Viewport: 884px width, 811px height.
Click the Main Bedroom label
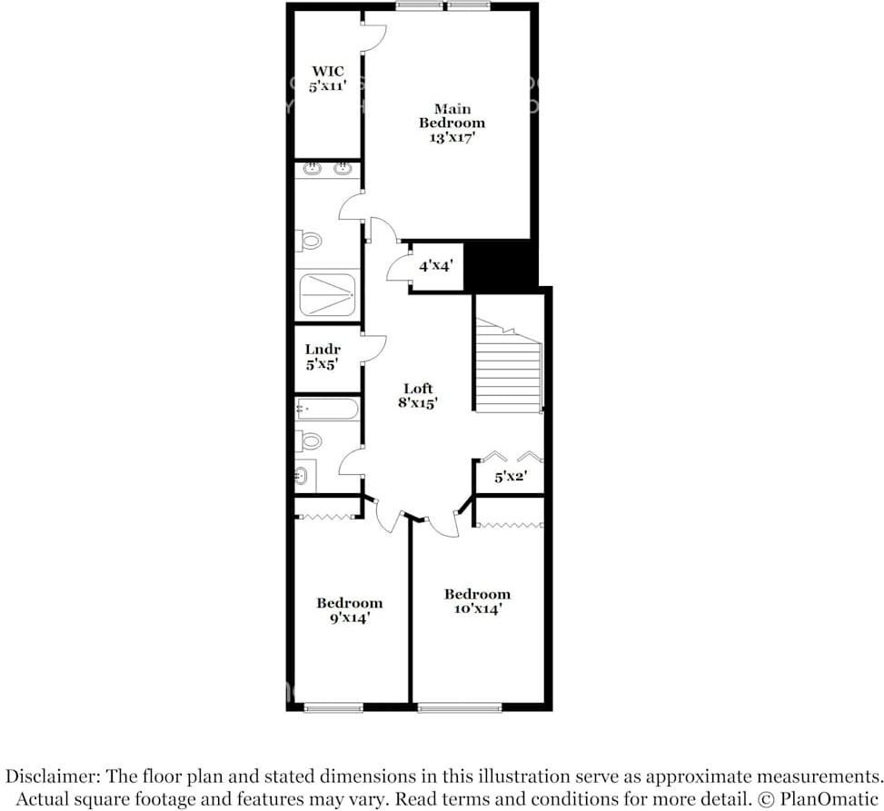[x=452, y=123]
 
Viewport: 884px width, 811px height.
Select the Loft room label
[x=418, y=396]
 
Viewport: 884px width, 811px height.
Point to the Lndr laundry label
[x=323, y=357]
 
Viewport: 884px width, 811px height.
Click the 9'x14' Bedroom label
[x=349, y=609]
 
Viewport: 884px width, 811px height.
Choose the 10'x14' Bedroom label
[x=477, y=601]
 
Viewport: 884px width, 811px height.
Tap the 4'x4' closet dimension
[x=435, y=267]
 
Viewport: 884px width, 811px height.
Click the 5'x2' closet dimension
[x=511, y=475]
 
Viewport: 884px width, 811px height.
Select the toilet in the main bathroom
[x=311, y=242]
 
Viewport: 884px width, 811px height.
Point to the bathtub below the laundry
[x=326, y=410]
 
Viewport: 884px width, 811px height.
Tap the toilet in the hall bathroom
[x=311, y=441]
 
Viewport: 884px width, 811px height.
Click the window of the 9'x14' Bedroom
[x=333, y=707]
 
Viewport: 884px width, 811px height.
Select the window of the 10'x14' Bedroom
[x=460, y=707]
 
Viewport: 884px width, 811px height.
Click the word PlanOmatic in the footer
[x=833, y=799]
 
